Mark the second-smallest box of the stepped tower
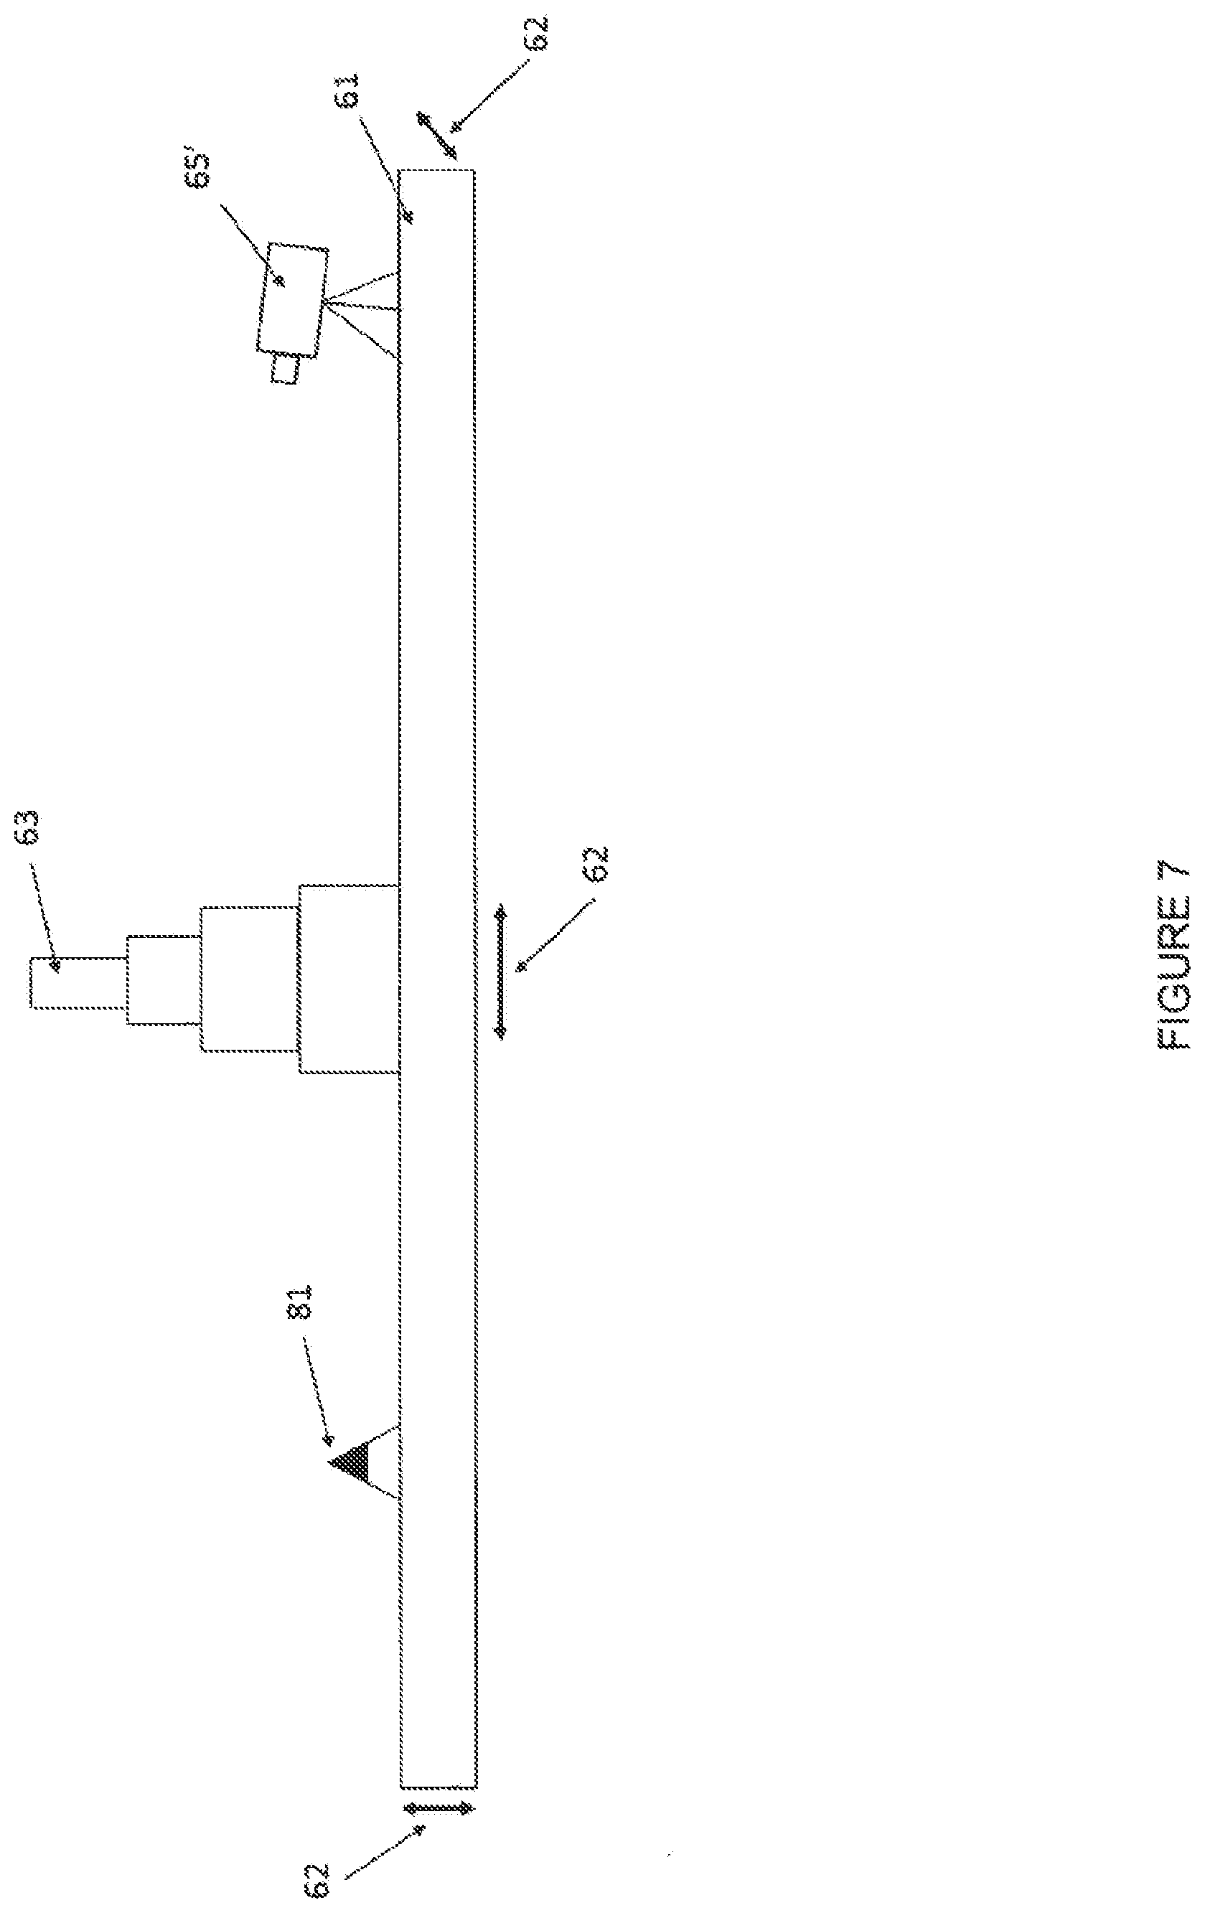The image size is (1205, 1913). pyautogui.click(x=163, y=980)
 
